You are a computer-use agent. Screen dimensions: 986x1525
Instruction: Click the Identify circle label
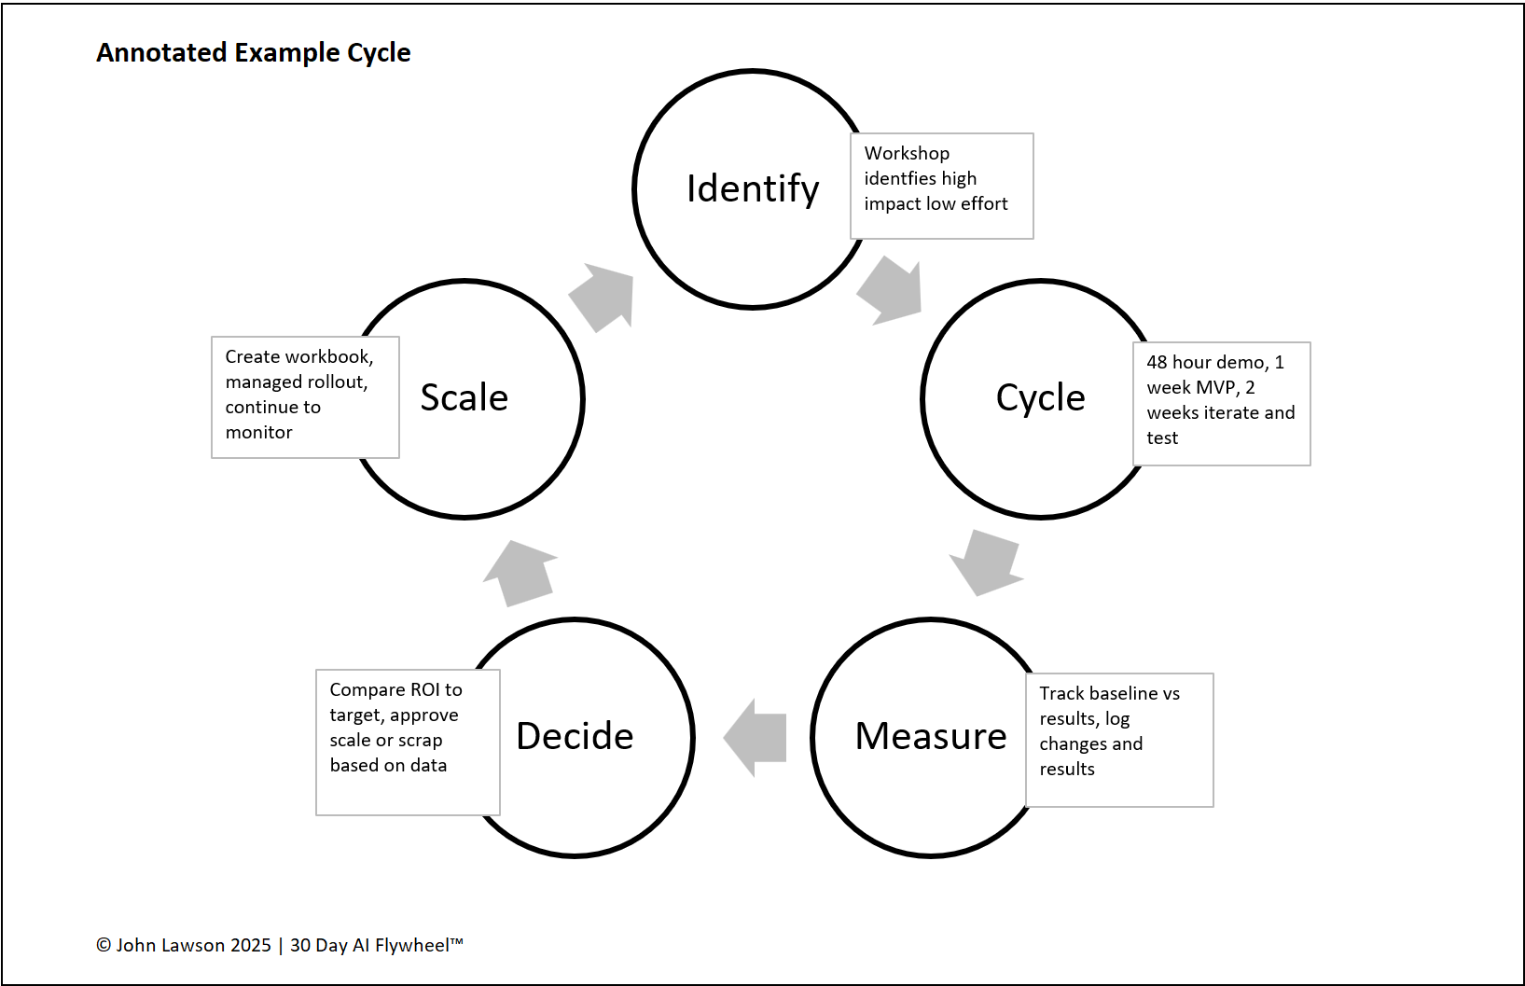point(753,188)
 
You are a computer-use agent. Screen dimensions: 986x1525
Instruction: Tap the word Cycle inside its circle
point(1040,398)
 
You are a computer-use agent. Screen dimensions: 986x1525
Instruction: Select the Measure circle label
point(931,737)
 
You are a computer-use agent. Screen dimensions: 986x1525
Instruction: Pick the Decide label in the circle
point(575,737)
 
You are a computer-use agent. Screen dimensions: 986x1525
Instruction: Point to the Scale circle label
point(464,398)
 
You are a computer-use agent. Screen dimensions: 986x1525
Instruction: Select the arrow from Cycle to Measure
point(987,562)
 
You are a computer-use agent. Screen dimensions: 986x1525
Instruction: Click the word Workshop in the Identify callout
point(907,153)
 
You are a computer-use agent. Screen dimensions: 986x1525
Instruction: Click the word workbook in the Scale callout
point(329,356)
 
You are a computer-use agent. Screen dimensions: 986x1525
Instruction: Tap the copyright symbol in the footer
point(104,945)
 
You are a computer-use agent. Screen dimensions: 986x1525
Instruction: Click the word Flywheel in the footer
point(411,945)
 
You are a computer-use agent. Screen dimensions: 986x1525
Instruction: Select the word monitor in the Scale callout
point(258,432)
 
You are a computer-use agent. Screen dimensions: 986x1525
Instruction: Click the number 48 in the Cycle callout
point(1157,362)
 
